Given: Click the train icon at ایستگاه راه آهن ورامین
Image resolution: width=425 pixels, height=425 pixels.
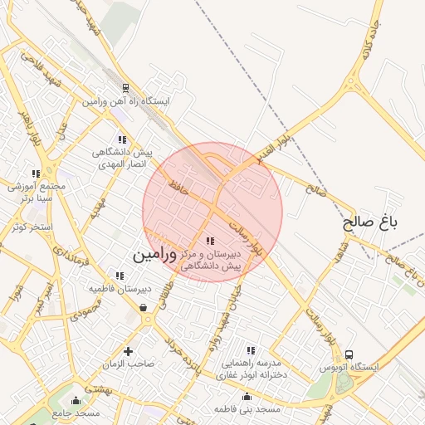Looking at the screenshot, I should pos(125,88).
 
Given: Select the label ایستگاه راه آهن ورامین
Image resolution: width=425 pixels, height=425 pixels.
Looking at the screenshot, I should pos(125,101).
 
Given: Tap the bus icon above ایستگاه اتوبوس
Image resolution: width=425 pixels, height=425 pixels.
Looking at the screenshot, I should pos(349,354).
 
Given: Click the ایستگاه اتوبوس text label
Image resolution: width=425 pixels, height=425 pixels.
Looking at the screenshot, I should pos(349,367).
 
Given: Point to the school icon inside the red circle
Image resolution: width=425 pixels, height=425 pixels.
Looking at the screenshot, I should pos(209,241).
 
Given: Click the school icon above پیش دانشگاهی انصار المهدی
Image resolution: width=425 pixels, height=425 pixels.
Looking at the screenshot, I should pos(122,139).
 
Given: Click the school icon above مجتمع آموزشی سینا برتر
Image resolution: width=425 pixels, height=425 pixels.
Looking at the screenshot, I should pos(36,173).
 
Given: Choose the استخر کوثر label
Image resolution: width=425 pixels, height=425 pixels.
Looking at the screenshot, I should pos(32,227).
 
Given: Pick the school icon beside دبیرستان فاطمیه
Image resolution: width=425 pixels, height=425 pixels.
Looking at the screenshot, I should pos(120,276).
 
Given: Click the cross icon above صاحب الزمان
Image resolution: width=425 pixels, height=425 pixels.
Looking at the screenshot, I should pos(128,351).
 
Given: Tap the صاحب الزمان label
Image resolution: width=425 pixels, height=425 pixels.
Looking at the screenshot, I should pos(129,364).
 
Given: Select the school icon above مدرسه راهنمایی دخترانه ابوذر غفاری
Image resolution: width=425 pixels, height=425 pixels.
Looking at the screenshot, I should pos(251,350).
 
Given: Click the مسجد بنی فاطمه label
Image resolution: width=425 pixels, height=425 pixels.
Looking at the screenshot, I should pos(247,409).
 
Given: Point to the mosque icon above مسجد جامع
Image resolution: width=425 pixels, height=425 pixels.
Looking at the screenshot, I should pos(76,400).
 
